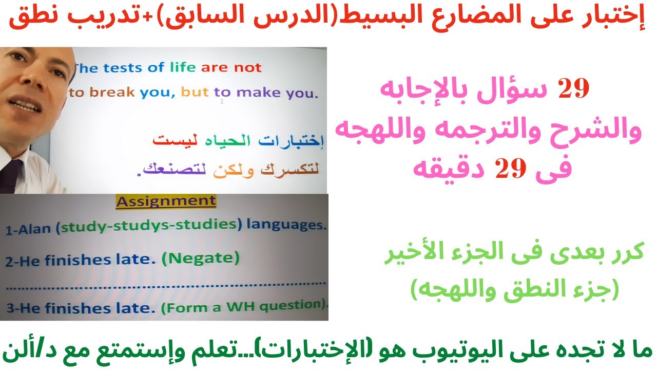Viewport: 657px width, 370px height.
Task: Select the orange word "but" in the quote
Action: (x=195, y=93)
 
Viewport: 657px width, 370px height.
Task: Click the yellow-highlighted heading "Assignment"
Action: (x=166, y=201)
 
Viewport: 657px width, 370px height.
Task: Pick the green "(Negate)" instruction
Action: (x=200, y=258)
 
